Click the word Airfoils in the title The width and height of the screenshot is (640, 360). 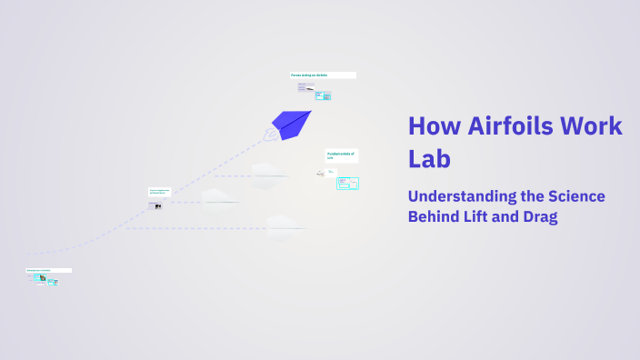(505, 126)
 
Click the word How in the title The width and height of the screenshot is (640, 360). (432, 126)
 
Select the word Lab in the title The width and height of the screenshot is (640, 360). (430, 158)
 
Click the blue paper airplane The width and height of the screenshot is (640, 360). (292, 123)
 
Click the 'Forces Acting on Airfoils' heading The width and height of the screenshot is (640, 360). (322, 75)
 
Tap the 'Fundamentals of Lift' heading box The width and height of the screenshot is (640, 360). (342, 155)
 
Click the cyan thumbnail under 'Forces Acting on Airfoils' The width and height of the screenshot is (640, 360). (323, 95)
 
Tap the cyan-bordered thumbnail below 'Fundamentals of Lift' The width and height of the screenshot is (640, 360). (347, 183)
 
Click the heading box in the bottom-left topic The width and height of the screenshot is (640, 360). (48, 270)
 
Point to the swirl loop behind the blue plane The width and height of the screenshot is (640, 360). (271, 135)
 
